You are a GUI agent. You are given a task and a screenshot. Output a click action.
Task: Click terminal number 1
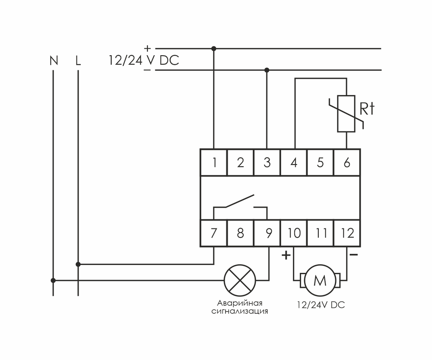click(x=214, y=163)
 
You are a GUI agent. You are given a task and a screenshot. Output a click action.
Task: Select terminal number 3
click(x=267, y=163)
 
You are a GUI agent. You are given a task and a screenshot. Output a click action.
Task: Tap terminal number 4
click(x=294, y=163)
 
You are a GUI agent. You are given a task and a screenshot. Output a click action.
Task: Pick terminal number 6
click(x=347, y=163)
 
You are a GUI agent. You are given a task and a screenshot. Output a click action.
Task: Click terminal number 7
click(x=214, y=234)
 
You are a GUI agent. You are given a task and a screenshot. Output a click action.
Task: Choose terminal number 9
click(x=268, y=234)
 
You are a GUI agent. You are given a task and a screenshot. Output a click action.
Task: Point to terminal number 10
click(x=294, y=234)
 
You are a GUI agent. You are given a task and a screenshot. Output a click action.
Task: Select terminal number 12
click(x=347, y=234)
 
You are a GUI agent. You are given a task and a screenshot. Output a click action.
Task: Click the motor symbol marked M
click(x=320, y=281)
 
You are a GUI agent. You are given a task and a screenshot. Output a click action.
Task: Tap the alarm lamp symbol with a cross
click(x=240, y=280)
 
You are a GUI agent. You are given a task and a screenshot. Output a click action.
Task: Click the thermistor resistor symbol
click(x=346, y=113)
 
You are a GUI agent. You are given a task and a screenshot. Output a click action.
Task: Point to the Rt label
click(x=367, y=110)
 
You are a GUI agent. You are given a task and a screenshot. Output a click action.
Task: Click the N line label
click(x=54, y=61)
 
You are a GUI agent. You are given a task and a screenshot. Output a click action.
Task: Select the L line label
click(x=78, y=61)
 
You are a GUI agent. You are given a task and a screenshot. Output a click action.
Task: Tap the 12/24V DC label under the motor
click(x=321, y=305)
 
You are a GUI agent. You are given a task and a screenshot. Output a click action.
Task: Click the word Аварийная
click(x=240, y=303)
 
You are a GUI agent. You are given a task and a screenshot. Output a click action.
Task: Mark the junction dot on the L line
click(x=78, y=264)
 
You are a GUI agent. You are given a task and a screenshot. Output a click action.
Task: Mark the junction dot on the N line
click(x=53, y=280)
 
